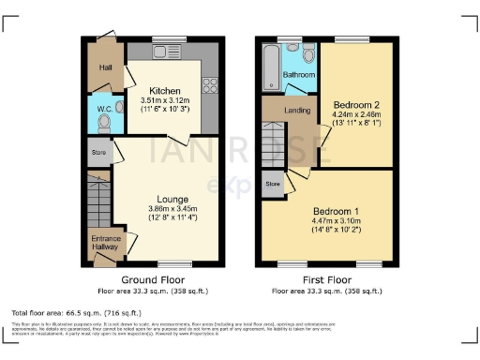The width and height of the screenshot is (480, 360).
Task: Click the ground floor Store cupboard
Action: point(98,150)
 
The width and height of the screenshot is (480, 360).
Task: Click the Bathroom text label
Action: point(299,74)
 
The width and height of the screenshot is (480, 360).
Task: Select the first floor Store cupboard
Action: point(273,185)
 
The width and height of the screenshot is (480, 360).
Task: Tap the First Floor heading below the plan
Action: point(327,280)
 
